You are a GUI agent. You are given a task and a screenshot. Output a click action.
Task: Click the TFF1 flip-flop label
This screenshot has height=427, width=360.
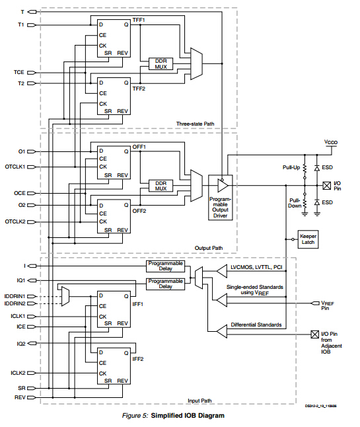[139, 20]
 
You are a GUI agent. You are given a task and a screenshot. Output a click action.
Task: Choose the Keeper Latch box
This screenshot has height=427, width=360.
[308, 239]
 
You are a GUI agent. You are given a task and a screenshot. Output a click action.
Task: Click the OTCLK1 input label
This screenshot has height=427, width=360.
[14, 167]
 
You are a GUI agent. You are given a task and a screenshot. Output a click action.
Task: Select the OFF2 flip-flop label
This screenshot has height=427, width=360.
[139, 211]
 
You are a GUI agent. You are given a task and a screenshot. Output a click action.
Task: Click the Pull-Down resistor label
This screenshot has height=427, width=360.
[294, 202]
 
